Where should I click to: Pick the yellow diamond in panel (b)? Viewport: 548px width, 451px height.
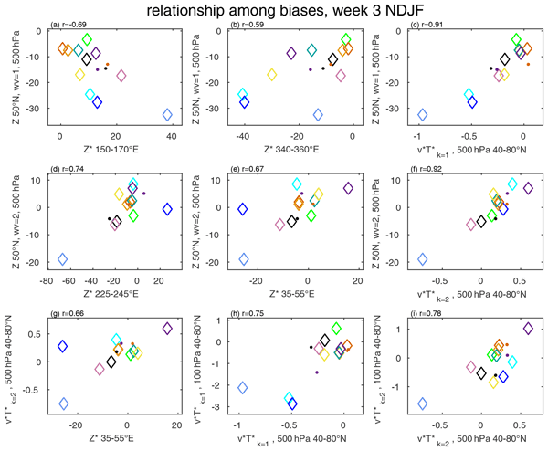coord(271,75)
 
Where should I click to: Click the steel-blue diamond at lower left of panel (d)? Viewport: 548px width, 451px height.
coord(62,259)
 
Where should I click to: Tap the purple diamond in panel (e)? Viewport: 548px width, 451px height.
coord(348,189)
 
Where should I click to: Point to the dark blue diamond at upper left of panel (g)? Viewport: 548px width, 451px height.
coord(63,346)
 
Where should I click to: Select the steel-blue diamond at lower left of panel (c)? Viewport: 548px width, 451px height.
coord(422,115)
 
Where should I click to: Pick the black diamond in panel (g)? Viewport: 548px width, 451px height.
coord(111,362)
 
